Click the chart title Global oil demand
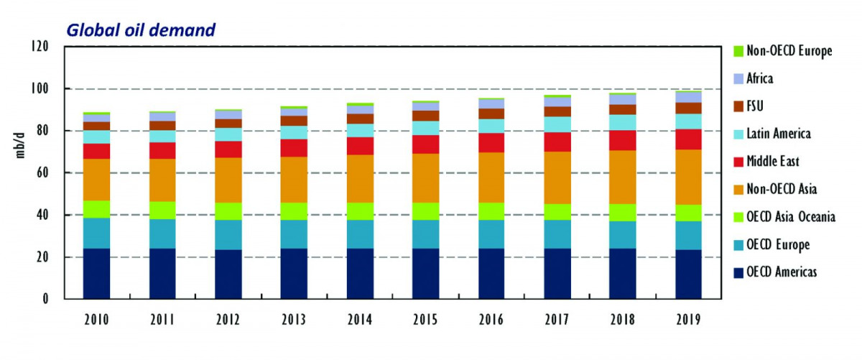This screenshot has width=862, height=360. [x=141, y=30]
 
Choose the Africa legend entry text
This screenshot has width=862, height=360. [x=760, y=78]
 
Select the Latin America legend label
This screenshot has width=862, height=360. [x=779, y=134]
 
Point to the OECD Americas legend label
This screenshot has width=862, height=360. [x=782, y=272]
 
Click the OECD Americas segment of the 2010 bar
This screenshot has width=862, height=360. [x=96, y=274]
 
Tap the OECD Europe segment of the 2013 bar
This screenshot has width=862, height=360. [x=294, y=234]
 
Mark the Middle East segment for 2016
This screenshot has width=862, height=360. [x=491, y=142]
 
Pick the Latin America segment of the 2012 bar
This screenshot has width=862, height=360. [x=228, y=134]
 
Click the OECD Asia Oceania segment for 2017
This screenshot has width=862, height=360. [x=557, y=212]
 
